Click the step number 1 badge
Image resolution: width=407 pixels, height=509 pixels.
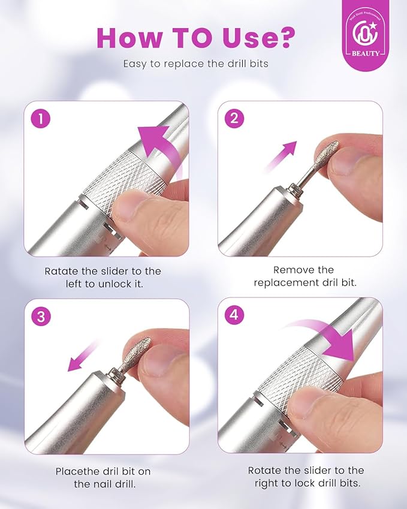(41, 119)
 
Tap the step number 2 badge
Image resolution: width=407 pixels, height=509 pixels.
(234, 119)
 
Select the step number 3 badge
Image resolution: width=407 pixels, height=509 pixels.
(41, 316)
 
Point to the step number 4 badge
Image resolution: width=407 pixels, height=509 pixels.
(234, 316)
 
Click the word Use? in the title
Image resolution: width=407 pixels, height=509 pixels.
(252, 37)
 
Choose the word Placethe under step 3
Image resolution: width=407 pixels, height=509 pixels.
(79, 471)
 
